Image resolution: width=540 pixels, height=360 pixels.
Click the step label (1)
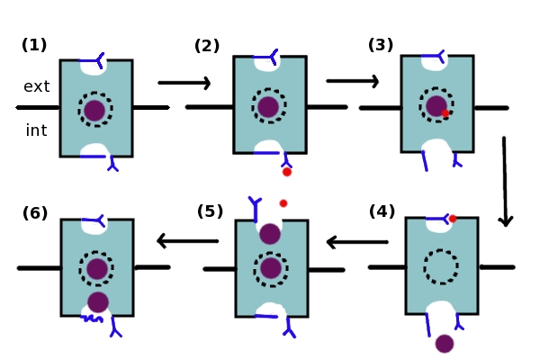click(34, 45)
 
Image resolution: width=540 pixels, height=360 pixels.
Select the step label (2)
click(207, 46)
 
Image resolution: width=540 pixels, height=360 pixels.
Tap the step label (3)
click(381, 45)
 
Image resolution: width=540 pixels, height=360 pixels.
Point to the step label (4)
click(382, 211)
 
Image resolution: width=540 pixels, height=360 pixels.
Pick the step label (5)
click(210, 211)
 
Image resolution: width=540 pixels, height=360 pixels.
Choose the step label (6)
click(35, 213)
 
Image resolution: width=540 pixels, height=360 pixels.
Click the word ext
click(37, 86)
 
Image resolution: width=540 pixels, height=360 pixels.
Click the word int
click(36, 130)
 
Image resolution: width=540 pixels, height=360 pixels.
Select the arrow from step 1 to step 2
click(184, 83)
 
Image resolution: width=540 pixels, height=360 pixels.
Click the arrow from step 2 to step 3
click(352, 81)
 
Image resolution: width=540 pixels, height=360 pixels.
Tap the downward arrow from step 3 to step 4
click(505, 181)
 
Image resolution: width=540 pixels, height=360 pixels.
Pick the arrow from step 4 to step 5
click(356, 241)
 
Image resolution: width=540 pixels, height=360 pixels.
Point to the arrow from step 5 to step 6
click(187, 240)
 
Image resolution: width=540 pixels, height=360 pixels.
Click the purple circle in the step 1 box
click(94, 111)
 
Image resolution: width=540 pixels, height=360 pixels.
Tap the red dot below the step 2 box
click(287, 171)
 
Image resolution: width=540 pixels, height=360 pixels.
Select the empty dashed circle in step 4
click(441, 266)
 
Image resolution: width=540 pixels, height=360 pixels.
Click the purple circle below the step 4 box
click(445, 343)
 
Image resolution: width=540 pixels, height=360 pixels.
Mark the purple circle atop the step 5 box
click(270, 234)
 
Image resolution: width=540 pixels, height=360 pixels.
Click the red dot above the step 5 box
click(283, 203)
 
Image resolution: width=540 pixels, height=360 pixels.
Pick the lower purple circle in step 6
click(98, 302)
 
